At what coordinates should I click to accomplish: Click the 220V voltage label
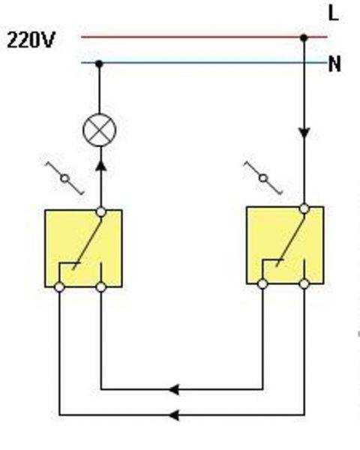click(31, 40)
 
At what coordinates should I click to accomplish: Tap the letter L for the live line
click(333, 13)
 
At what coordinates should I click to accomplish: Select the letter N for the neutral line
click(334, 64)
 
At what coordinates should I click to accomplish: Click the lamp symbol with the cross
click(99, 130)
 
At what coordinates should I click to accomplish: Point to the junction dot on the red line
click(304, 37)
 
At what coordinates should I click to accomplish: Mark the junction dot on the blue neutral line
click(99, 64)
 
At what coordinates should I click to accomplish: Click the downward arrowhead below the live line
click(304, 133)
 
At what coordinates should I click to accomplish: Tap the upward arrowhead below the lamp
click(100, 166)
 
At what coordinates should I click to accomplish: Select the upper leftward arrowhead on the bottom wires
click(174, 389)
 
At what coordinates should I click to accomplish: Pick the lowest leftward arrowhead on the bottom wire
click(174, 415)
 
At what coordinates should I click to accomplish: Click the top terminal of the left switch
click(100, 211)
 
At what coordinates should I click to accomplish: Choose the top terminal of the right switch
click(304, 208)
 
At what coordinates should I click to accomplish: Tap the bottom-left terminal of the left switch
click(59, 287)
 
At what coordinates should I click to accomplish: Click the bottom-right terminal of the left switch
click(100, 287)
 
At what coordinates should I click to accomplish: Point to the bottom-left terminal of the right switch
click(262, 284)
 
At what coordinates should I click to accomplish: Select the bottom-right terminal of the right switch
click(304, 284)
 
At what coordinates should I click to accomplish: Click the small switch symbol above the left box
click(65, 178)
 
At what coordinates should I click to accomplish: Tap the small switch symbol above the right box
click(263, 178)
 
